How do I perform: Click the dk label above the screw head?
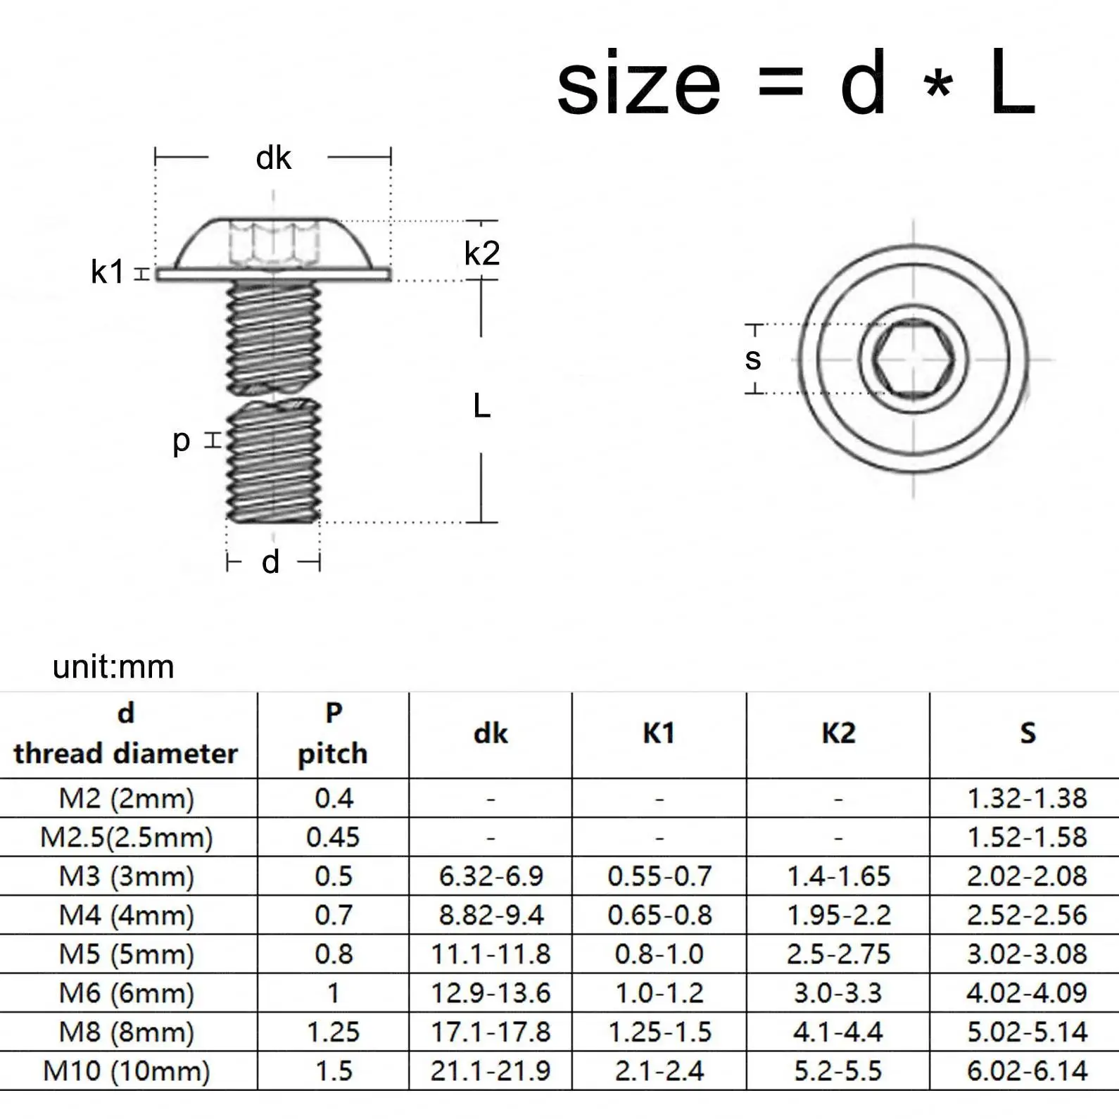coord(273,158)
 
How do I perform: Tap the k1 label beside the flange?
coord(107,272)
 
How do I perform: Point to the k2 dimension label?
coord(482,253)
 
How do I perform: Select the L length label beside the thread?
coord(481,407)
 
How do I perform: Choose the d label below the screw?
coord(271,562)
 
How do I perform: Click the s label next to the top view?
coord(753,359)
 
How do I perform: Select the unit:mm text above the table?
coord(113,666)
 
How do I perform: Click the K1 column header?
coord(659,734)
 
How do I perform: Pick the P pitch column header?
coord(333,734)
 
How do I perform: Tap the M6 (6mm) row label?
coord(127,993)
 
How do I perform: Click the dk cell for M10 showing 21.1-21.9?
coord(491,1071)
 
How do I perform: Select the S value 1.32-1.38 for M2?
coord(1027,798)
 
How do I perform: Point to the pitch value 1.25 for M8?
coord(333,1032)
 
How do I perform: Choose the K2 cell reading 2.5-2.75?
coord(838,954)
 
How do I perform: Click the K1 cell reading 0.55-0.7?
coord(659,876)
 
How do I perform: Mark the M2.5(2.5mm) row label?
coord(127,837)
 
